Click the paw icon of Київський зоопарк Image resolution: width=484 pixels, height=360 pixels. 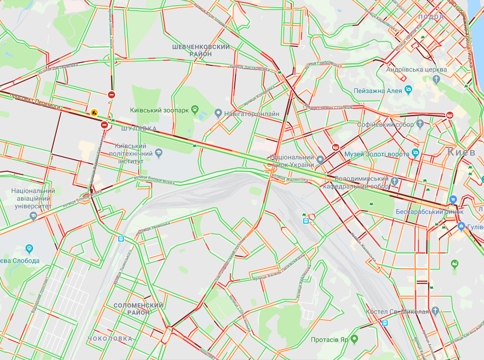point(195,109)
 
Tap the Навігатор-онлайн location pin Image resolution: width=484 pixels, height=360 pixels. point(218,113)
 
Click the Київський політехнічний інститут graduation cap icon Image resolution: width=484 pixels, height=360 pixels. point(158,152)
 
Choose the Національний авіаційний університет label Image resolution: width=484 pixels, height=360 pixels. point(32,199)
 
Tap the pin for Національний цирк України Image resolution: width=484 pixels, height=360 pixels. point(320,160)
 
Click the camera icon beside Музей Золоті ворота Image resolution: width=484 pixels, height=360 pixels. point(416,153)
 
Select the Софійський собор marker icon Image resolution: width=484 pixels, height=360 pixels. point(420,123)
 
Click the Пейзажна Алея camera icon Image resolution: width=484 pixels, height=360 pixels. point(409,90)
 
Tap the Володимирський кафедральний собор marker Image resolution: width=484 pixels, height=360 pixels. point(394,179)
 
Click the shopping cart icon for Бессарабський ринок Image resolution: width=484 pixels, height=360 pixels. point(453,200)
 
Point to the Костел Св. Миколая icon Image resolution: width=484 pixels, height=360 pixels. point(435,311)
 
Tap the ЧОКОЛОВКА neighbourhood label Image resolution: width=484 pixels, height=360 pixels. point(110,339)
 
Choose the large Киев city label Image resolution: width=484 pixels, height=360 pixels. point(465,152)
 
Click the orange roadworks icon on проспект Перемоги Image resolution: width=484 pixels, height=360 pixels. point(94,112)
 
